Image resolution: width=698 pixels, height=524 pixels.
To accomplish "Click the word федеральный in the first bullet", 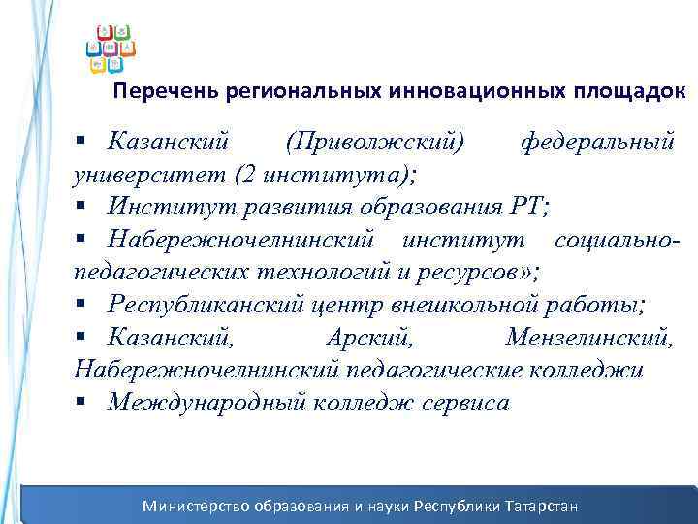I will coord(597,143).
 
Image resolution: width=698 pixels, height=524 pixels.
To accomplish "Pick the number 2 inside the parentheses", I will coord(243,176).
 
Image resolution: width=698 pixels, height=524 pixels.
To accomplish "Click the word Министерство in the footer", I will coord(197,506).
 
